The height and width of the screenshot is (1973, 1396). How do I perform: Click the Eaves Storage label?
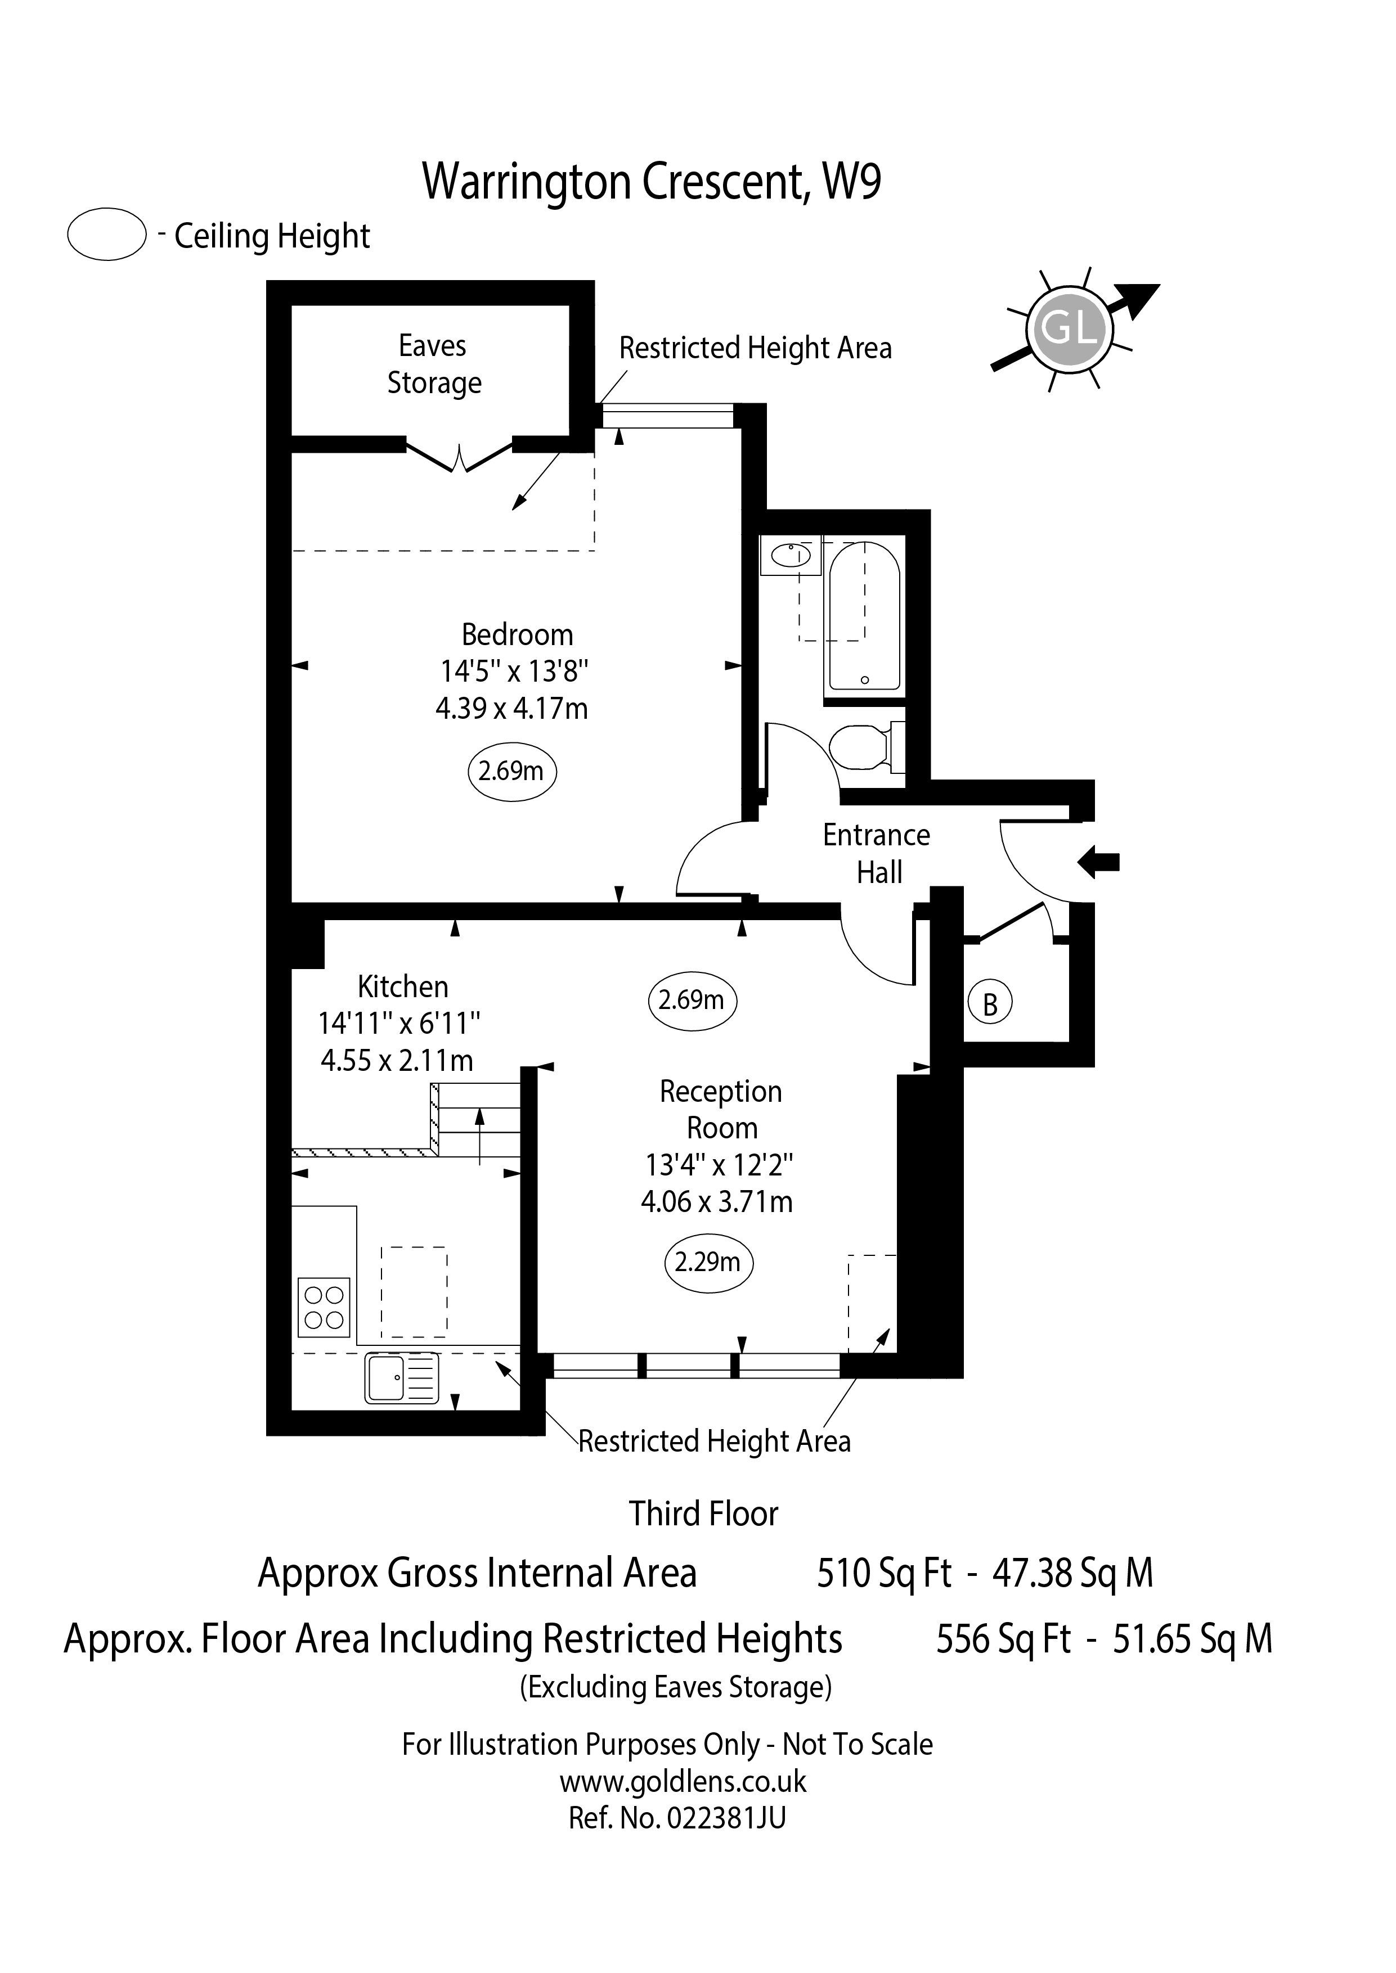[x=433, y=364]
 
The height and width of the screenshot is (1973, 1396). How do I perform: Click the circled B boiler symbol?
[x=989, y=1004]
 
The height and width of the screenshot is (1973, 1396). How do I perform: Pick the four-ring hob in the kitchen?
[x=324, y=1307]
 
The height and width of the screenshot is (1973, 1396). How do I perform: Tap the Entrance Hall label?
[x=877, y=853]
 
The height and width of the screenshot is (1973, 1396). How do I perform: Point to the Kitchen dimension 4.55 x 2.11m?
[x=397, y=1060]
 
